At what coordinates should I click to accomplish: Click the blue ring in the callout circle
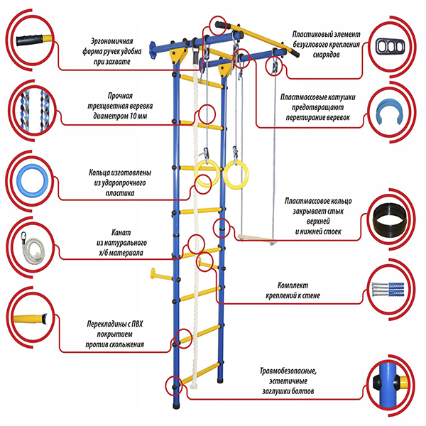coord(19,180)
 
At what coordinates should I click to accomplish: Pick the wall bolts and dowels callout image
coord(388,289)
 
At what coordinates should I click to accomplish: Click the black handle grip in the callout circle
coord(29,40)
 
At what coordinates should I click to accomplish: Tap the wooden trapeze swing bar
coord(257,239)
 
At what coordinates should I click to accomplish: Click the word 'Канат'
coord(121,233)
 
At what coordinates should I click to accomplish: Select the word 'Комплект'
coord(293,285)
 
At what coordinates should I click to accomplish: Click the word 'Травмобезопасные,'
coord(288,371)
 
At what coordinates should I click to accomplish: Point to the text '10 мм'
coord(138,116)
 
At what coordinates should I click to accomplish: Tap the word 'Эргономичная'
coord(112,41)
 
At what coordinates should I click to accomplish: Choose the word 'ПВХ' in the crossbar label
coord(137,324)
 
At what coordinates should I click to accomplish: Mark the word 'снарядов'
coord(326,55)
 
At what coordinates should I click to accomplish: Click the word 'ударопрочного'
coord(120,183)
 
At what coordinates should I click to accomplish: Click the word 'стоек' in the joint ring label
coord(332,231)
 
